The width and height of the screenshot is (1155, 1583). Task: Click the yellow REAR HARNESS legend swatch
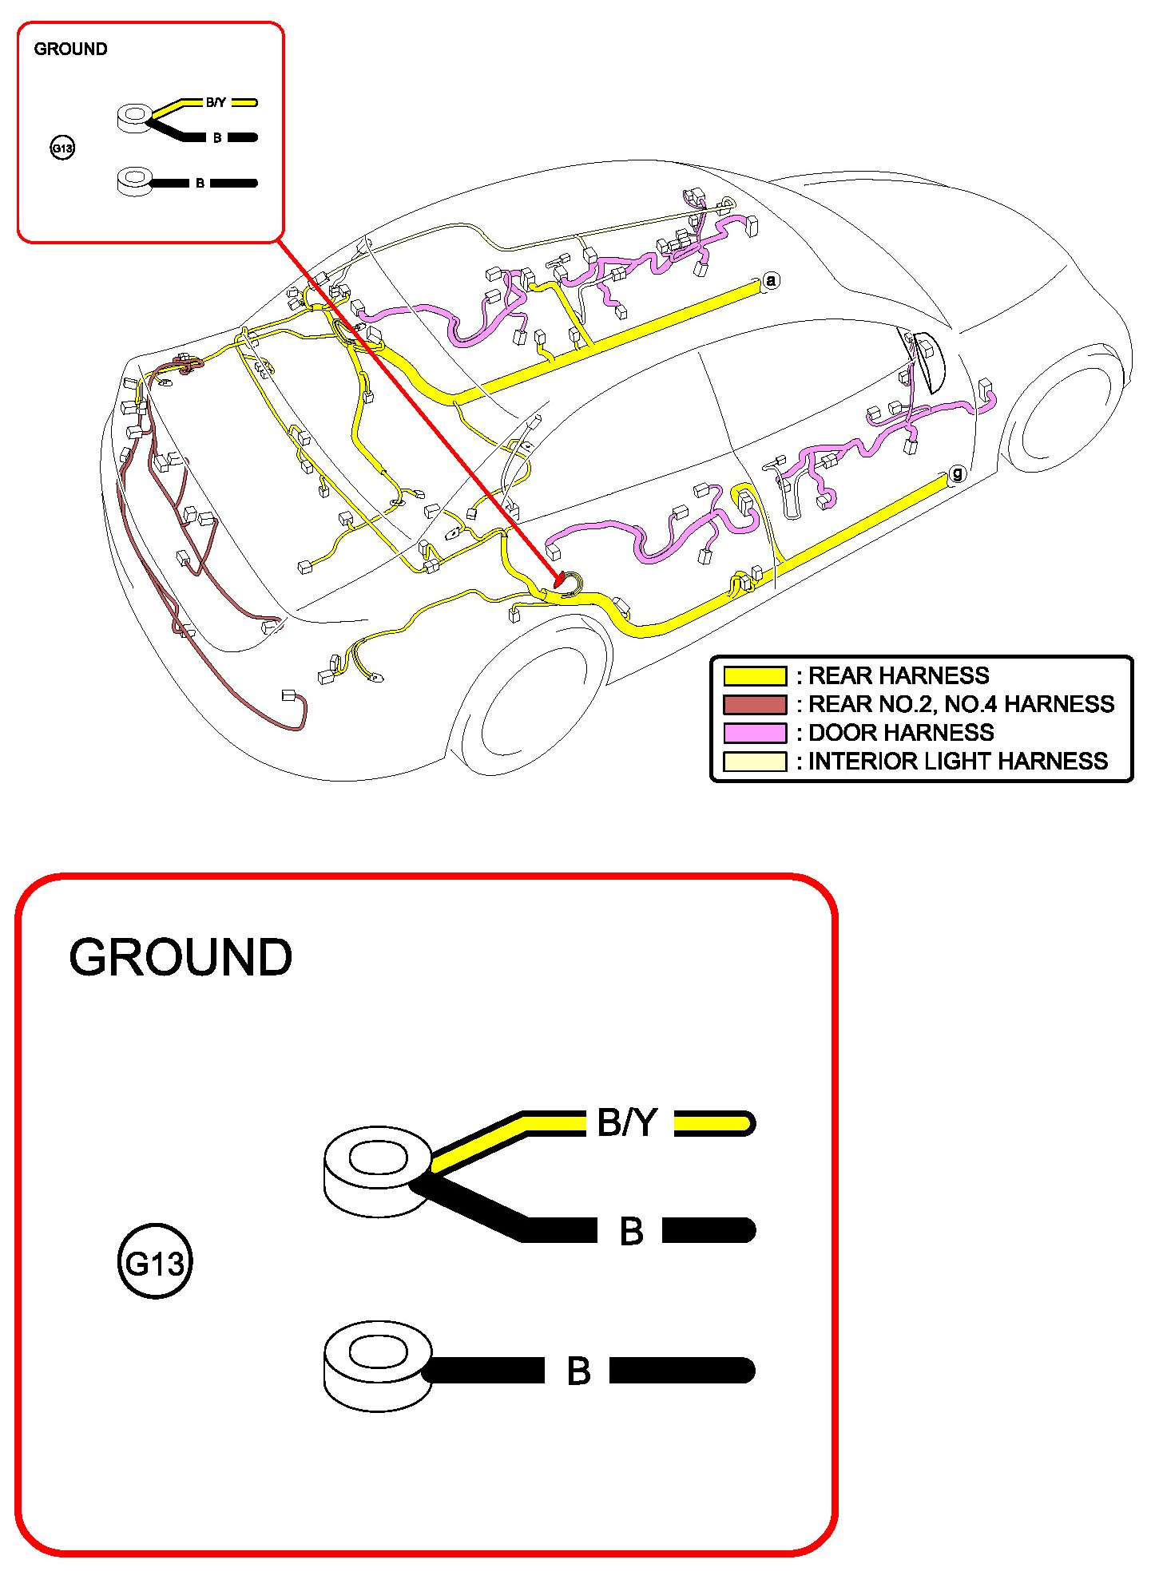pyautogui.click(x=754, y=676)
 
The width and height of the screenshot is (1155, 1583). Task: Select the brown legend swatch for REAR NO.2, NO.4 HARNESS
pyautogui.click(x=754, y=704)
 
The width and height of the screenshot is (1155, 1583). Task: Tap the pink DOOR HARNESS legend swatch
pyautogui.click(x=754, y=733)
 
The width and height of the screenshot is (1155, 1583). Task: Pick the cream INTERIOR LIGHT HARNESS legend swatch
pyautogui.click(x=754, y=762)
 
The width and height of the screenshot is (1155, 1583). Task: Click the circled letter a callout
pyautogui.click(x=770, y=280)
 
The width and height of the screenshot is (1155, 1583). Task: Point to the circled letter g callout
pyautogui.click(x=957, y=473)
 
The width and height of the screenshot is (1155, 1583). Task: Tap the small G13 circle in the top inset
pyautogui.click(x=62, y=148)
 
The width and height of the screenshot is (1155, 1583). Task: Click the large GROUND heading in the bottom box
pyautogui.click(x=181, y=957)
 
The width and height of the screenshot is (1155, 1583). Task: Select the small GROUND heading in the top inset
pyautogui.click(x=70, y=49)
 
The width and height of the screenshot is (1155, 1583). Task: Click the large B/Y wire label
pyautogui.click(x=627, y=1122)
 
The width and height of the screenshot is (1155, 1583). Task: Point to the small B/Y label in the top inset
pyautogui.click(x=216, y=102)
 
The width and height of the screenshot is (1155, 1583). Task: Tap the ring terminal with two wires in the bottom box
pyautogui.click(x=377, y=1171)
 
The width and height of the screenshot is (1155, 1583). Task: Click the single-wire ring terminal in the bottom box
pyautogui.click(x=377, y=1366)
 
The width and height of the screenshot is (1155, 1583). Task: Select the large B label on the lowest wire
pyautogui.click(x=578, y=1371)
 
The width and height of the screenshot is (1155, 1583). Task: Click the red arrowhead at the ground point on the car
pyautogui.click(x=560, y=577)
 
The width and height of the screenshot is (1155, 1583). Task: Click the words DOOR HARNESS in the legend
pyautogui.click(x=901, y=733)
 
